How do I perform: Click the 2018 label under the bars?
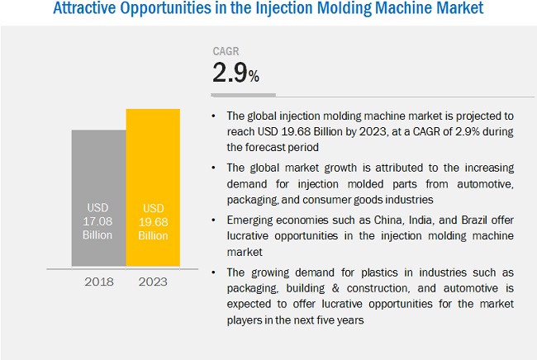pos(98,282)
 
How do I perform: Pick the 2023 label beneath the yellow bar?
pos(153,282)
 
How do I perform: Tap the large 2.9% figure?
pos(236,75)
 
